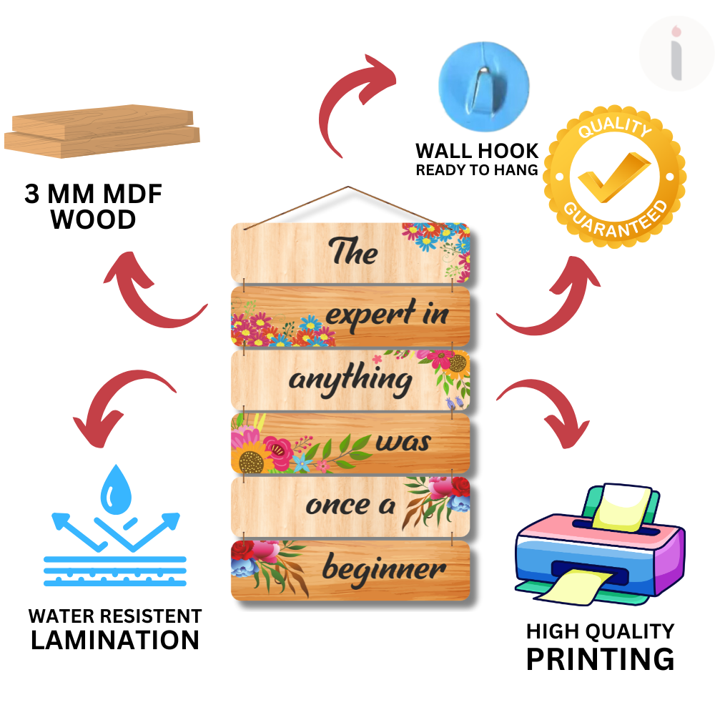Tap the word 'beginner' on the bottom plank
tap(384, 570)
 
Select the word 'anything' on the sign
tap(350, 379)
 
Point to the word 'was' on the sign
tap(403, 443)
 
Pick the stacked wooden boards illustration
tap(102, 134)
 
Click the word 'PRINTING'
tap(600, 659)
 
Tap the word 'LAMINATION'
tap(115, 640)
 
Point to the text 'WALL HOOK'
tap(477, 151)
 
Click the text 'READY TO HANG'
tap(477, 170)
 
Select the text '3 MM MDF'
tap(94, 194)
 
